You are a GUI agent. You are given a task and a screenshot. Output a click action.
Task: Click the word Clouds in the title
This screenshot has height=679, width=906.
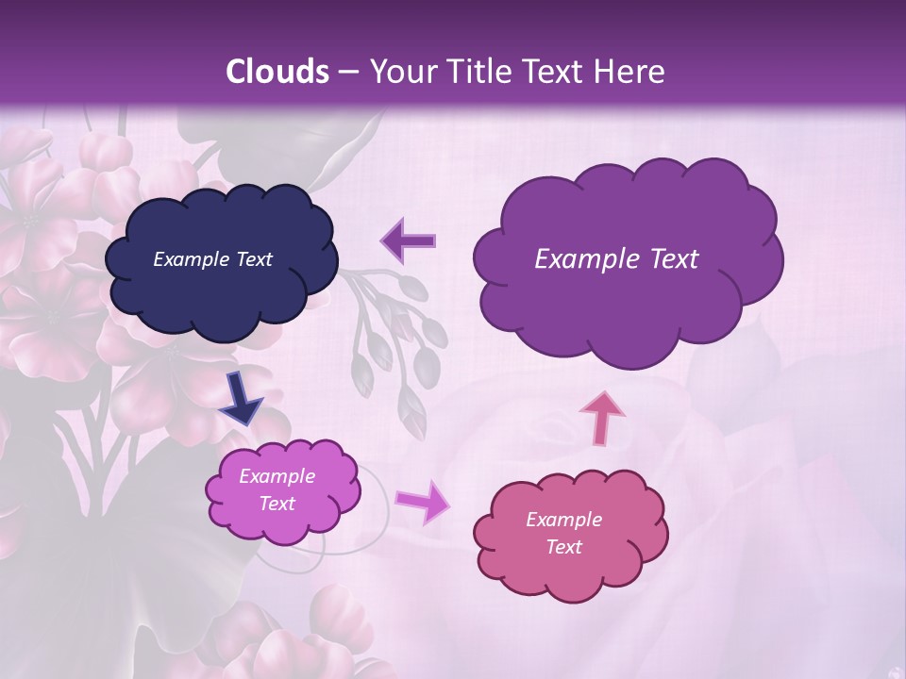(277, 72)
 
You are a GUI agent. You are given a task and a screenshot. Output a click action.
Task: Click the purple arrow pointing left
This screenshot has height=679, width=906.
(409, 240)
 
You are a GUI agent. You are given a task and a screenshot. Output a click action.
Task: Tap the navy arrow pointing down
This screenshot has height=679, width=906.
(242, 397)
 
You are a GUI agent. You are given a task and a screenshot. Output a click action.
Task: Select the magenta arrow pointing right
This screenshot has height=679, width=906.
(423, 501)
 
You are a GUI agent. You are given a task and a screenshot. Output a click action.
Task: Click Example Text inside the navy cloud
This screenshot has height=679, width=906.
(212, 259)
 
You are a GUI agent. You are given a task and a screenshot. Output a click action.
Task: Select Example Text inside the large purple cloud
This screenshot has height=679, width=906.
(616, 259)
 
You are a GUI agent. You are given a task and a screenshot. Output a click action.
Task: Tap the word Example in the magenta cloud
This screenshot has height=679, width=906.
(277, 476)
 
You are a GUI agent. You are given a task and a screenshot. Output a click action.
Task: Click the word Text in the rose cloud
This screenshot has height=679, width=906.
(563, 547)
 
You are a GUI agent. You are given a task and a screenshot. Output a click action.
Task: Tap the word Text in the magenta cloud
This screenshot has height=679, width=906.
(277, 504)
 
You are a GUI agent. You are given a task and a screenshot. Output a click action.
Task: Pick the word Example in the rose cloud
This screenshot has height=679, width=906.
(563, 520)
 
